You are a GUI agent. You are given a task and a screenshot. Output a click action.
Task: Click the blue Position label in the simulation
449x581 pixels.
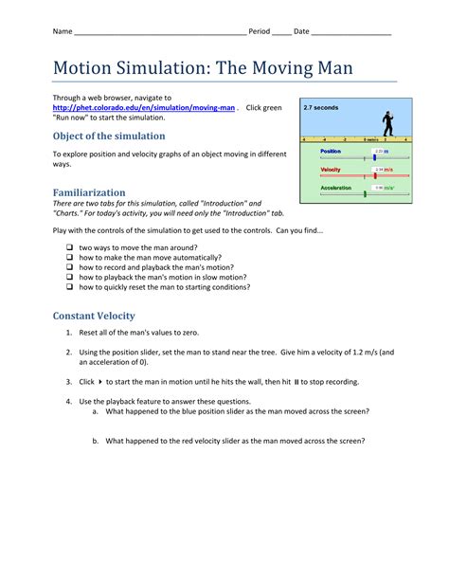point(331,151)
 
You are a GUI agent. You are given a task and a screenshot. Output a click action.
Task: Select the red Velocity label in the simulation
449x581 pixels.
point(331,170)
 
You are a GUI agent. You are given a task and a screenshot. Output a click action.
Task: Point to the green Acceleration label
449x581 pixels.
point(335,188)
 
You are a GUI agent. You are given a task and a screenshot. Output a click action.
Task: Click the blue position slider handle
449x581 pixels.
point(374,157)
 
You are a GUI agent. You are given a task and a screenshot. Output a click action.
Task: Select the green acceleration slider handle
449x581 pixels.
point(365,193)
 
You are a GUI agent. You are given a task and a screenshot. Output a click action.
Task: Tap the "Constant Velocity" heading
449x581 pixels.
point(94,316)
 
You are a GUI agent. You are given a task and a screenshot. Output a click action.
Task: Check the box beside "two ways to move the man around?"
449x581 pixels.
point(70,246)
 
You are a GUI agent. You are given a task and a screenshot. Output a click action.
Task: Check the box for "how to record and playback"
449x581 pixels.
point(70,267)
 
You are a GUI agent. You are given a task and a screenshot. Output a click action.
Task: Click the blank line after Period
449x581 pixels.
point(281,32)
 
